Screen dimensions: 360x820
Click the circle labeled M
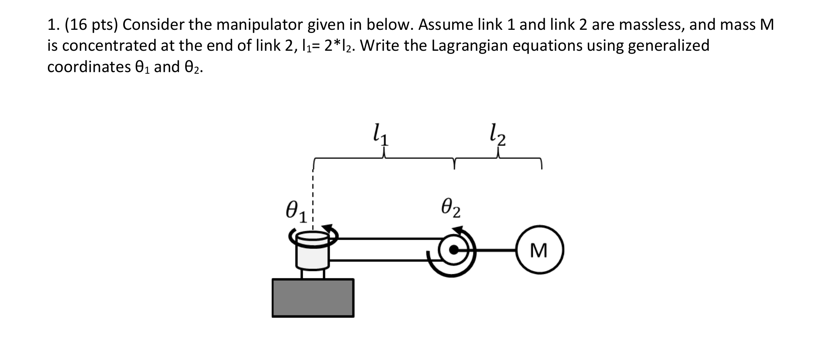(539, 250)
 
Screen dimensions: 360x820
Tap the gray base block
(313, 298)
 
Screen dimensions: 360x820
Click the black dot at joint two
(454, 250)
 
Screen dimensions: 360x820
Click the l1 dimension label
(381, 135)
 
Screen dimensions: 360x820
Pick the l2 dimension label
(498, 135)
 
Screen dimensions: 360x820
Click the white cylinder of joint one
(313, 254)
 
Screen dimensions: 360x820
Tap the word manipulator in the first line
(260, 25)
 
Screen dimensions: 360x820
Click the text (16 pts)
(91, 25)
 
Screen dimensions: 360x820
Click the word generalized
(668, 46)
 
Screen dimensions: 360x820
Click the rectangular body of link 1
(382, 250)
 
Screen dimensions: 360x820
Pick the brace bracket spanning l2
(498, 159)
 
